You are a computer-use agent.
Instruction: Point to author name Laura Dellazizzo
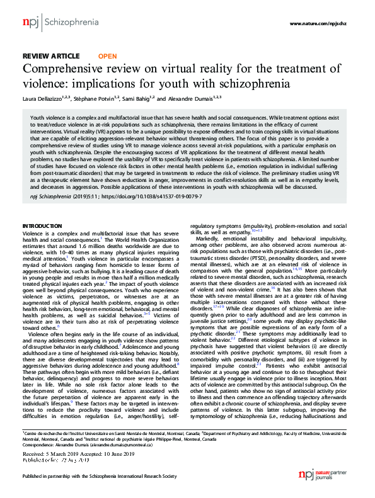[x=47, y=99]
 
